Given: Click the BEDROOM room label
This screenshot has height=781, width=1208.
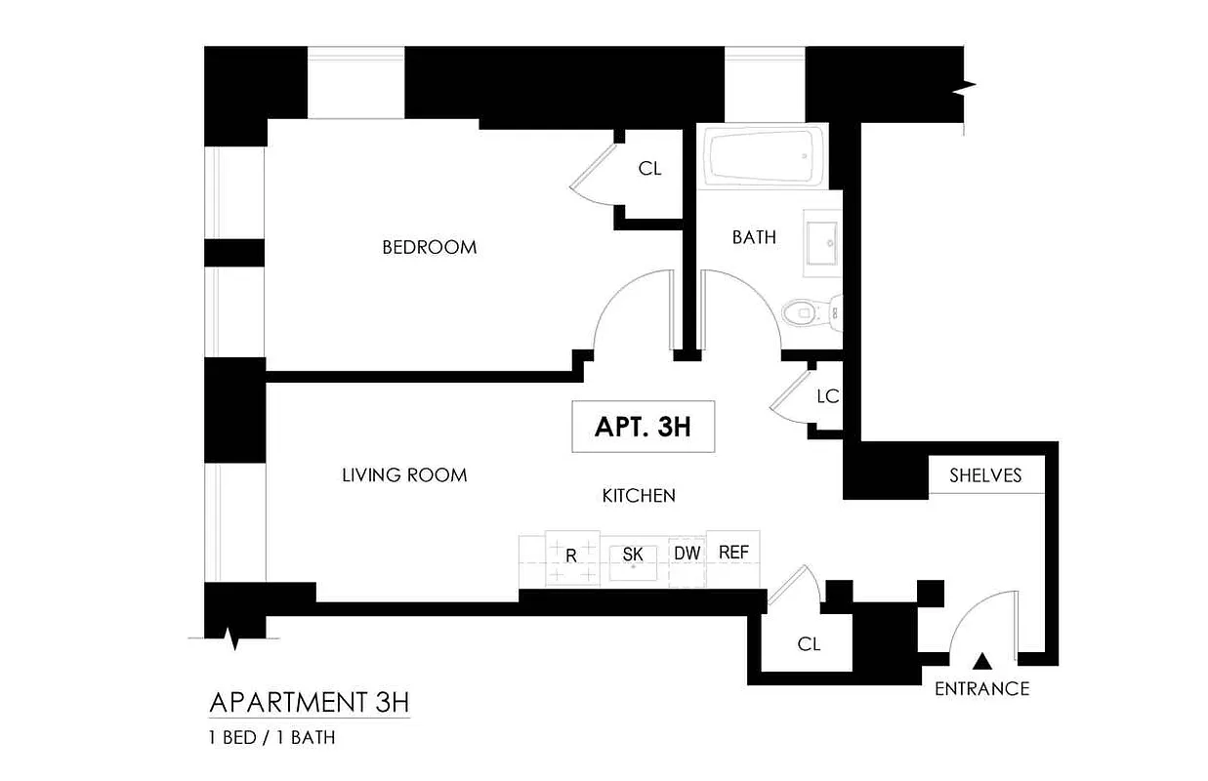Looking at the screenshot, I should pos(429,247).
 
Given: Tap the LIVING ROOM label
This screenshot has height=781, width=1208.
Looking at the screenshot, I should pos(404,475).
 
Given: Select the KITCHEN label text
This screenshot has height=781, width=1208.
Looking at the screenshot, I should pos(639,496).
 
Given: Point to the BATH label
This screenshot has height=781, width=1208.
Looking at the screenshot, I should pos(754,237).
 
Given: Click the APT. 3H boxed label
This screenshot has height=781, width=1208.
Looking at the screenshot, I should pos(643,428).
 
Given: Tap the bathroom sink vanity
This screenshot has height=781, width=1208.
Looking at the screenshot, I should pos(822,239).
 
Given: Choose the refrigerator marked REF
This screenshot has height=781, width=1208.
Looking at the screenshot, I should pos(733,553).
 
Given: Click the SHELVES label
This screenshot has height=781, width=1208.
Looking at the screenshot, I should pos(985,475).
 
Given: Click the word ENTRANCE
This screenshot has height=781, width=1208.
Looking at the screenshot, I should pos(981,688).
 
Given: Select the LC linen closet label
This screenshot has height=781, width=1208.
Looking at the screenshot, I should pos(827,396).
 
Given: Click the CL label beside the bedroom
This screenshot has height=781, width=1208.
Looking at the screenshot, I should pos(649,169).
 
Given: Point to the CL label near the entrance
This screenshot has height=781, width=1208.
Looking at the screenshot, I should pos(809,644).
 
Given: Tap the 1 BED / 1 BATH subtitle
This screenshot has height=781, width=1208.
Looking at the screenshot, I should pos(271,738).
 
